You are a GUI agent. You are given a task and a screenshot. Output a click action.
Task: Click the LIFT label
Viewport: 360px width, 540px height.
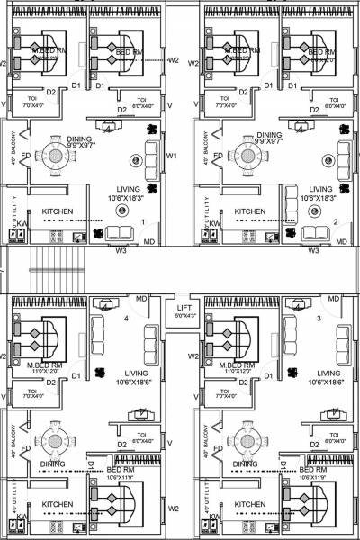point(184,308)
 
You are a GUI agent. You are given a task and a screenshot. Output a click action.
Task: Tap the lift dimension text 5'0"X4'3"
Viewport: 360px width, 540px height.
point(184,316)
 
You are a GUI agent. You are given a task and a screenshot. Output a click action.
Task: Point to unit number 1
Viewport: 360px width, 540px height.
point(142,220)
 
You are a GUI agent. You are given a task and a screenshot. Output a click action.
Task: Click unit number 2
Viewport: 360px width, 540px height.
point(335,220)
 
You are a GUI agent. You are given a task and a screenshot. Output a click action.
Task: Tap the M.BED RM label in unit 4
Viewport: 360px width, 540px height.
point(45,364)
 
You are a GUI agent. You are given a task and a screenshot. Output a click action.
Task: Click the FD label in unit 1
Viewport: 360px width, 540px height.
point(26,155)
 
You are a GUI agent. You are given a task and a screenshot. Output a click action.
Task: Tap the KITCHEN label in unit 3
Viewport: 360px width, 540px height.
point(250,504)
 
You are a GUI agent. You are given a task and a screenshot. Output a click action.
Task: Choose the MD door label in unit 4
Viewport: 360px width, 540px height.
point(141,298)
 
